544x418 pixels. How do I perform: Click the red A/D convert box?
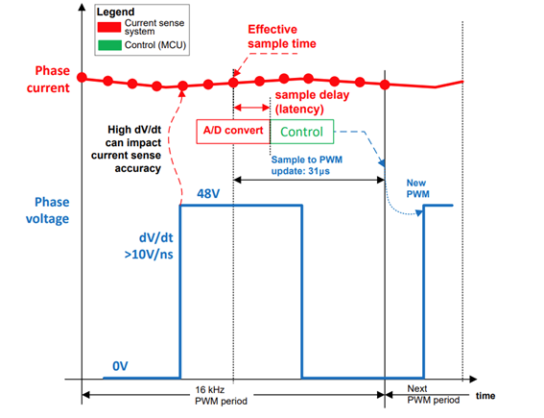233,132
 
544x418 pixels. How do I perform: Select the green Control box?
302,132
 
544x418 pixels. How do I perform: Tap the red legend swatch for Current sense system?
109,27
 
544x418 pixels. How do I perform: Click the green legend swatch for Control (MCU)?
109,45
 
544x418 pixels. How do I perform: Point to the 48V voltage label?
208,193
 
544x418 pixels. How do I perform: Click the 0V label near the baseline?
120,366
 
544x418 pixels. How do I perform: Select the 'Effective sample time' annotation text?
282,37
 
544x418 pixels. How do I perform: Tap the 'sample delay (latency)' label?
312,102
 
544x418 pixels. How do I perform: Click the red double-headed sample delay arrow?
252,108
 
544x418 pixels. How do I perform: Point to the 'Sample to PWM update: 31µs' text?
307,165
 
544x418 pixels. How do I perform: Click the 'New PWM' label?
417,188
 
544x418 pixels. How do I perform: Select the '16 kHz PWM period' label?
221,395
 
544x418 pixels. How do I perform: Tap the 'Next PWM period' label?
434,394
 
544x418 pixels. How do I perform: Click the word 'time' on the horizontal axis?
485,396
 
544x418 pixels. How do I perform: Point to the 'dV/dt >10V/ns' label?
149,246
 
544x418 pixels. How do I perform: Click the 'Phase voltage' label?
48,210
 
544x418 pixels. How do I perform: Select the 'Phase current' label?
48,79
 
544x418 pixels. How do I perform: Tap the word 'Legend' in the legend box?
115,12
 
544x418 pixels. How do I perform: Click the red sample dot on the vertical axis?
82,77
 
